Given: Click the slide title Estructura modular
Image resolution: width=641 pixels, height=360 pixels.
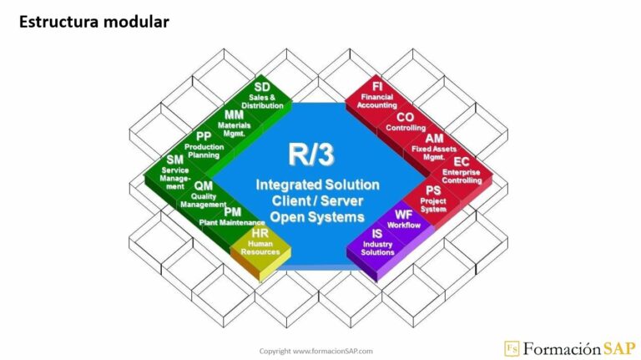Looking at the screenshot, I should (93, 22).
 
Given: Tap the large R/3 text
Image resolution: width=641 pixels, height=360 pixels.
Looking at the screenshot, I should (313, 154).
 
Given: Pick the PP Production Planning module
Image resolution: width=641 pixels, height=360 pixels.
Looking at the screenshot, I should (204, 145).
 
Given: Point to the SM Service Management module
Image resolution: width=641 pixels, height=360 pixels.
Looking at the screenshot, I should (176, 170).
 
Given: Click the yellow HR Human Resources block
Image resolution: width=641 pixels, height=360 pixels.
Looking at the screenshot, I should (259, 241).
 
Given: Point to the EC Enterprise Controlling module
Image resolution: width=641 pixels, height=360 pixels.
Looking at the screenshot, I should (462, 169).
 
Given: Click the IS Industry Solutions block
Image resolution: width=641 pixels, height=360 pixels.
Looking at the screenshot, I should (377, 241).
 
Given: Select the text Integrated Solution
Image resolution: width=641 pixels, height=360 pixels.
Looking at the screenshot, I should (317, 184).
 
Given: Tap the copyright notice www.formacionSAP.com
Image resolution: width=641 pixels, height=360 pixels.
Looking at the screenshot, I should (315, 351).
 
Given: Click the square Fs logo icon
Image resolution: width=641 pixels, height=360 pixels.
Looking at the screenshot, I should (512, 348).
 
